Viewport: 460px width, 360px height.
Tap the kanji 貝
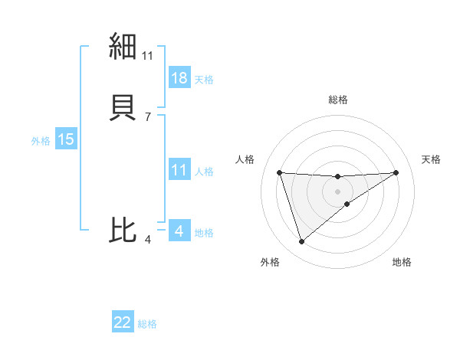tap(123, 108)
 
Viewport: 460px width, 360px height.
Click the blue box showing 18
tap(179, 78)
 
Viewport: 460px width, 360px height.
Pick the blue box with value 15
tap(65, 139)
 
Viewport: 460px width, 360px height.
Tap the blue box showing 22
tap(123, 322)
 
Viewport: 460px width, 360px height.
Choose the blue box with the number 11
tap(179, 170)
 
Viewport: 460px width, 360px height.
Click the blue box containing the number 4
tap(179, 231)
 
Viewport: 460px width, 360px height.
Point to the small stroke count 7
tap(148, 116)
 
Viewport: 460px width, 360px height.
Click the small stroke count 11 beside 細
tap(148, 55)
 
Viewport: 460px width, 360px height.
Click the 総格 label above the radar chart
tap(338, 100)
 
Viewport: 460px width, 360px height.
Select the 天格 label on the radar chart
tap(431, 159)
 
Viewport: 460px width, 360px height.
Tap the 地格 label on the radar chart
tap(402, 262)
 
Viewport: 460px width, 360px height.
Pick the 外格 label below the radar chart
tap(270, 262)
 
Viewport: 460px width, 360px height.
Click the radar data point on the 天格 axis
tap(396, 172)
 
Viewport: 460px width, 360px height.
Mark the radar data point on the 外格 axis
tap(301, 242)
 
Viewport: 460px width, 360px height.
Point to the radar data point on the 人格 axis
tap(280, 172)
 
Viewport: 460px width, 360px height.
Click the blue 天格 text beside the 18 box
tap(204, 79)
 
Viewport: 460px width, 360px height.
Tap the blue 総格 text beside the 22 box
tap(147, 323)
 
